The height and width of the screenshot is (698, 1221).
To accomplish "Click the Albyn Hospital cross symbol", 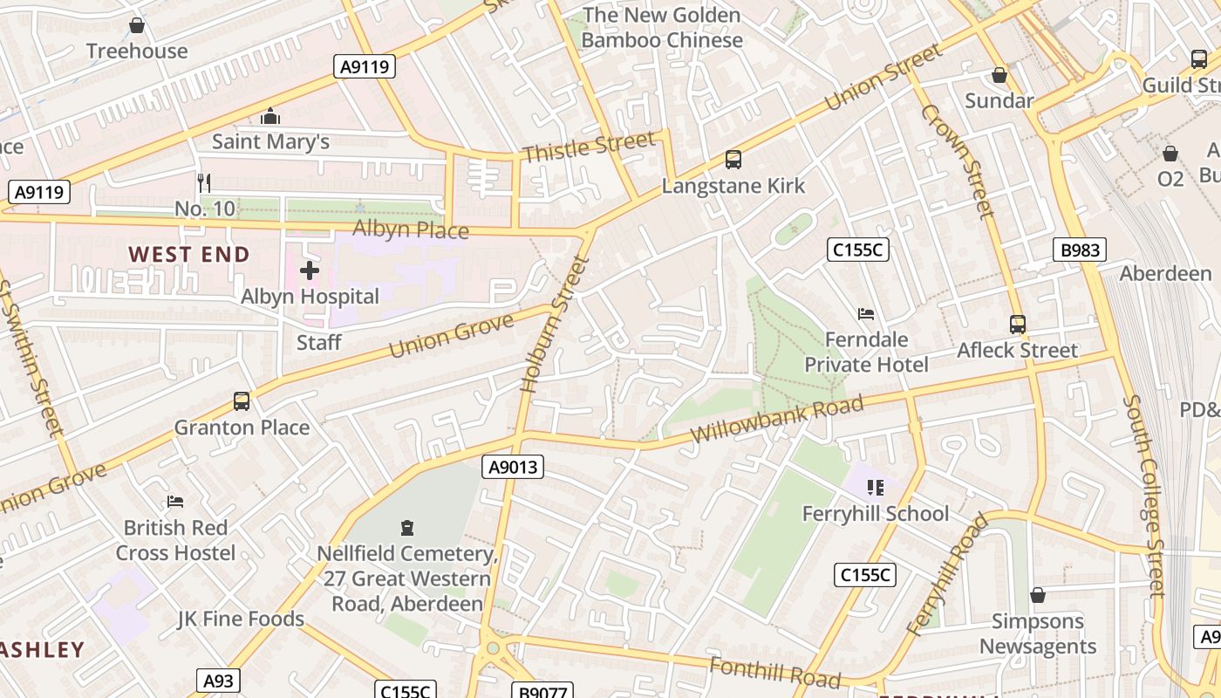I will [x=309, y=270].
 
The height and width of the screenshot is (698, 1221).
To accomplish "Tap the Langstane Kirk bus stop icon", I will [x=733, y=160].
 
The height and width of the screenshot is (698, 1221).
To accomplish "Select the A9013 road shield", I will [x=513, y=468].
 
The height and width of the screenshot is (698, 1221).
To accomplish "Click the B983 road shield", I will [x=1080, y=250].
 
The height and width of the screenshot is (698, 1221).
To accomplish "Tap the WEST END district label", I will [x=189, y=255].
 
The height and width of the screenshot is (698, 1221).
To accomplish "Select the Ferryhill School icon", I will [x=875, y=488].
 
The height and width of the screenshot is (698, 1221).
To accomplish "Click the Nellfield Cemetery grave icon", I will [x=406, y=528].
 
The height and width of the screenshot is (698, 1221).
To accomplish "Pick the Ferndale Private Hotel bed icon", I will [x=866, y=314].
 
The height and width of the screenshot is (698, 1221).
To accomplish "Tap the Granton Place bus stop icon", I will [x=242, y=401].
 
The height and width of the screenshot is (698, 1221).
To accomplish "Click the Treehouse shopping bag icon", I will [x=136, y=26].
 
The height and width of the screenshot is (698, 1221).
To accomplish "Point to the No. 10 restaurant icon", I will [x=204, y=182].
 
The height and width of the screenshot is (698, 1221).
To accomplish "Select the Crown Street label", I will [x=958, y=161].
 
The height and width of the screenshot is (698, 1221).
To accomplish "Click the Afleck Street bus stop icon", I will [x=1017, y=325].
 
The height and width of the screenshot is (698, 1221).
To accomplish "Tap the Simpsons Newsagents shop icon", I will [x=1037, y=596].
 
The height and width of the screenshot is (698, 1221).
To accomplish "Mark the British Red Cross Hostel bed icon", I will [x=174, y=502].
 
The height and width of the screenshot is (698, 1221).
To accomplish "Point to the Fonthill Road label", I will [x=774, y=673].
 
